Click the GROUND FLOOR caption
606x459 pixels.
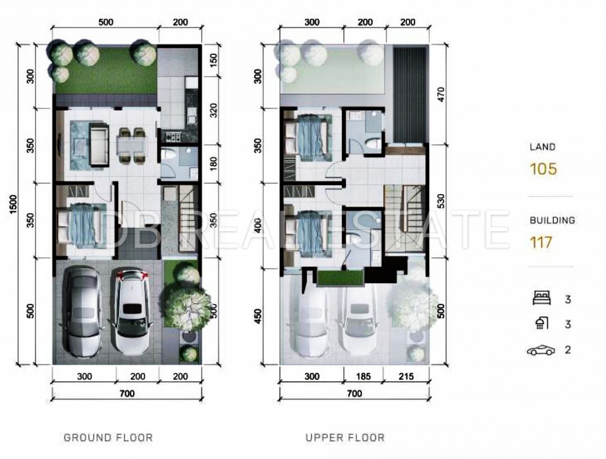click(108, 437)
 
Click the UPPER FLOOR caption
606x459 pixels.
click(345, 437)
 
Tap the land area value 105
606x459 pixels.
click(543, 169)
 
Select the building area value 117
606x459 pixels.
click(541, 242)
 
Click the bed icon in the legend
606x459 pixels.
click(542, 299)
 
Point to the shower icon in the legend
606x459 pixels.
click(542, 323)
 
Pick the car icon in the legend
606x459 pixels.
click(541, 350)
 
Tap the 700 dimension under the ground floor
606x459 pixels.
click(127, 393)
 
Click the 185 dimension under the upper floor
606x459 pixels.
click(363, 376)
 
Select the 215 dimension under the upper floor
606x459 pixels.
click(406, 376)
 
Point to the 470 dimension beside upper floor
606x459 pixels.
click(441, 95)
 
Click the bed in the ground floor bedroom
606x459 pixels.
click(80, 226)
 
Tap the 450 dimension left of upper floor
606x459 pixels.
click(259, 316)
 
